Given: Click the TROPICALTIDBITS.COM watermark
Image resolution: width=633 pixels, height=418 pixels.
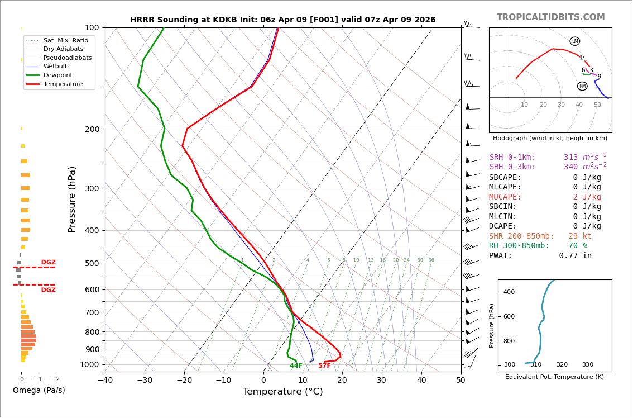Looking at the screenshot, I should [550, 17].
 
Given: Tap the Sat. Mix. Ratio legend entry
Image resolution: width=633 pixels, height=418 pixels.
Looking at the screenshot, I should [65, 40].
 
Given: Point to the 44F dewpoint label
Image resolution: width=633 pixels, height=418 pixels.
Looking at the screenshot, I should [296, 366].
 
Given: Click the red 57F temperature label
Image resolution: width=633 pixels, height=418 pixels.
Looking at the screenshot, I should [324, 366].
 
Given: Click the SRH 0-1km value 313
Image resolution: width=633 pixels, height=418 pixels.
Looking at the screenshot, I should [570, 158].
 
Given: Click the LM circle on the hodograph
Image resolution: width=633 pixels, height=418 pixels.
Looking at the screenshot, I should [574, 41].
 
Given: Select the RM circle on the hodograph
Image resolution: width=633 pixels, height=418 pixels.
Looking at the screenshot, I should [582, 86].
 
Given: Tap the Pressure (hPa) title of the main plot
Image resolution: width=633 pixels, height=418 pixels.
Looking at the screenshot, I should [73, 199].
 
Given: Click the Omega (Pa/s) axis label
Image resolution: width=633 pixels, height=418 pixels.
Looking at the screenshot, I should [39, 391].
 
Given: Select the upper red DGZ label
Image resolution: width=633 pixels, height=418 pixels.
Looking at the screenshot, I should [48, 263].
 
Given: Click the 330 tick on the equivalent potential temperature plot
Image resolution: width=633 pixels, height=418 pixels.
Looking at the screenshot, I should [588, 365].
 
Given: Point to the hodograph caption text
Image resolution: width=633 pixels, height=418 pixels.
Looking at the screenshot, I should [550, 139].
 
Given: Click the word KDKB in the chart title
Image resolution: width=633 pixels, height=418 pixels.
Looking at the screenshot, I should [217, 20].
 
